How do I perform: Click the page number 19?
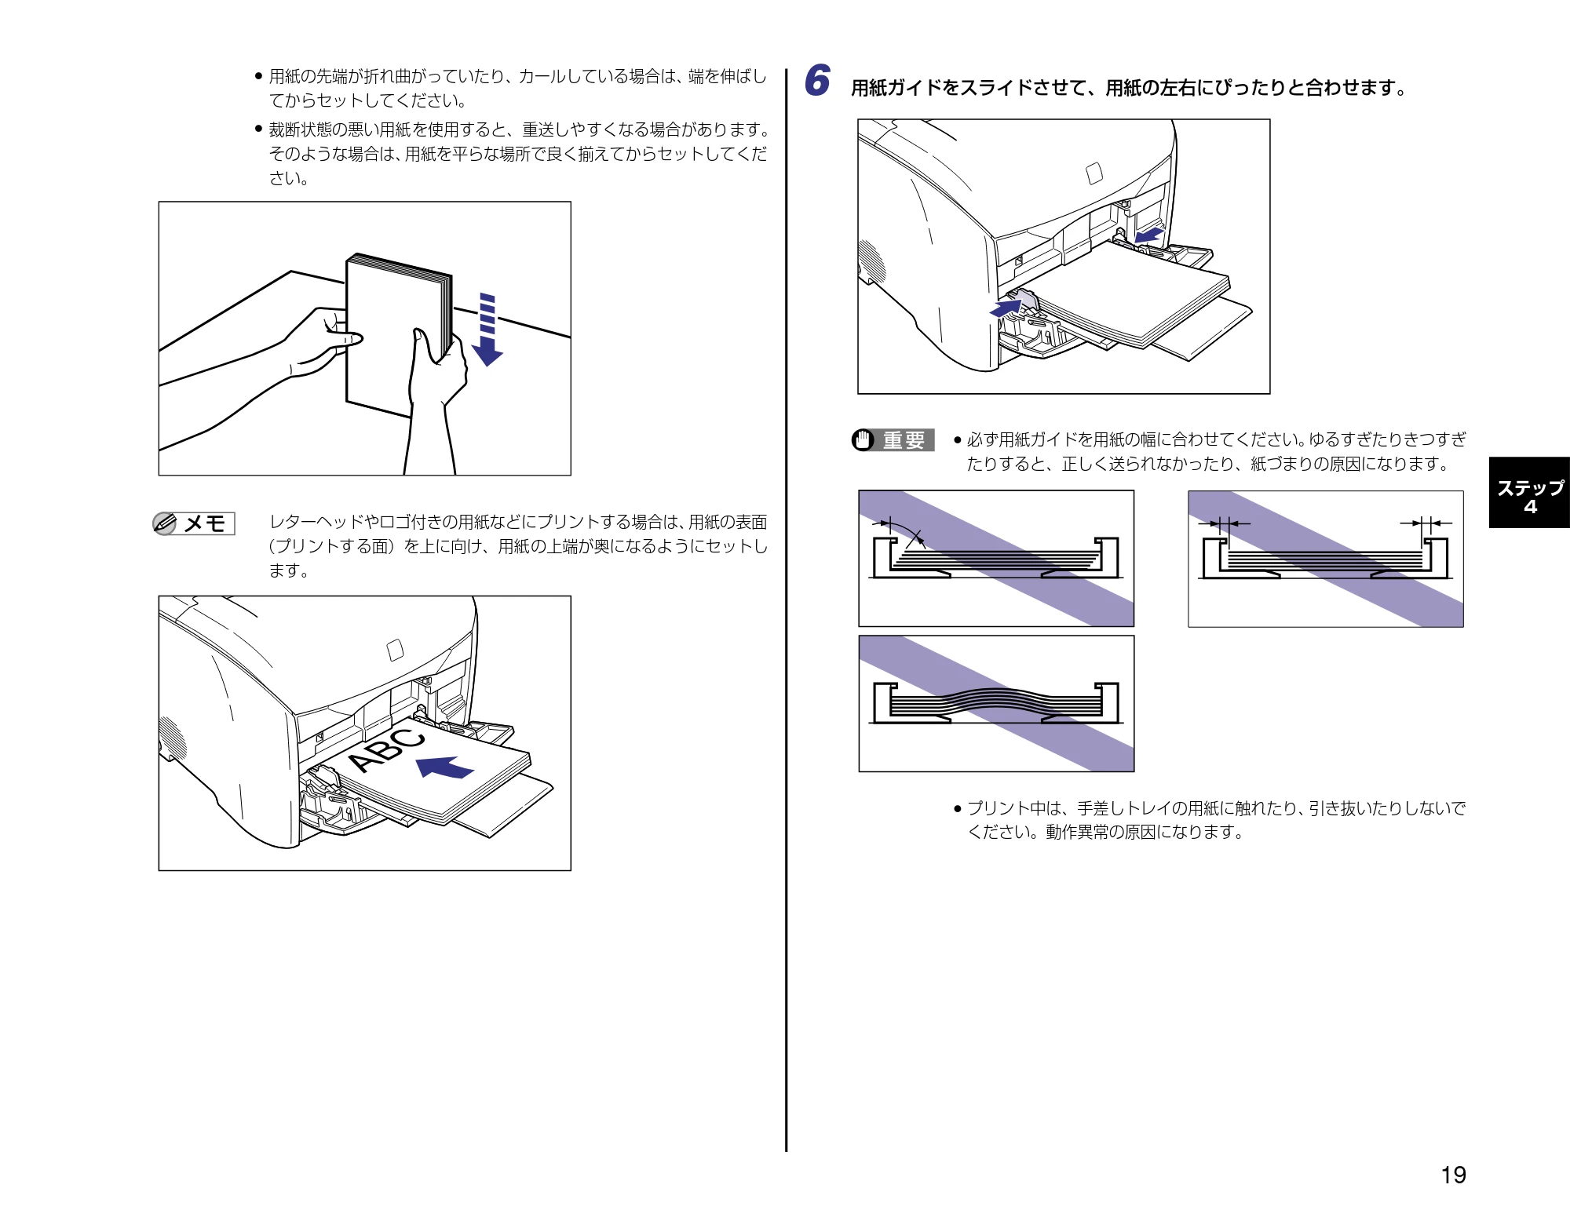point(1453,1175)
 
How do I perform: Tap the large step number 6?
point(817,81)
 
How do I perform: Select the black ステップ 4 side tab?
point(1529,493)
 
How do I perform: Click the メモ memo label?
point(206,523)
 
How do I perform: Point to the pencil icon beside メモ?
point(165,523)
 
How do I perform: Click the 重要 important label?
point(904,440)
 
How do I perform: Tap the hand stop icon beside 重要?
point(863,440)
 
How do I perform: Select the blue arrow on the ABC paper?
point(445,767)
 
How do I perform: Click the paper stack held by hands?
point(399,333)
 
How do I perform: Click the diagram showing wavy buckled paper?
point(996,703)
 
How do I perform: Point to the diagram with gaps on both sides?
point(1326,559)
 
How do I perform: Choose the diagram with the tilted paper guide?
point(996,558)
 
